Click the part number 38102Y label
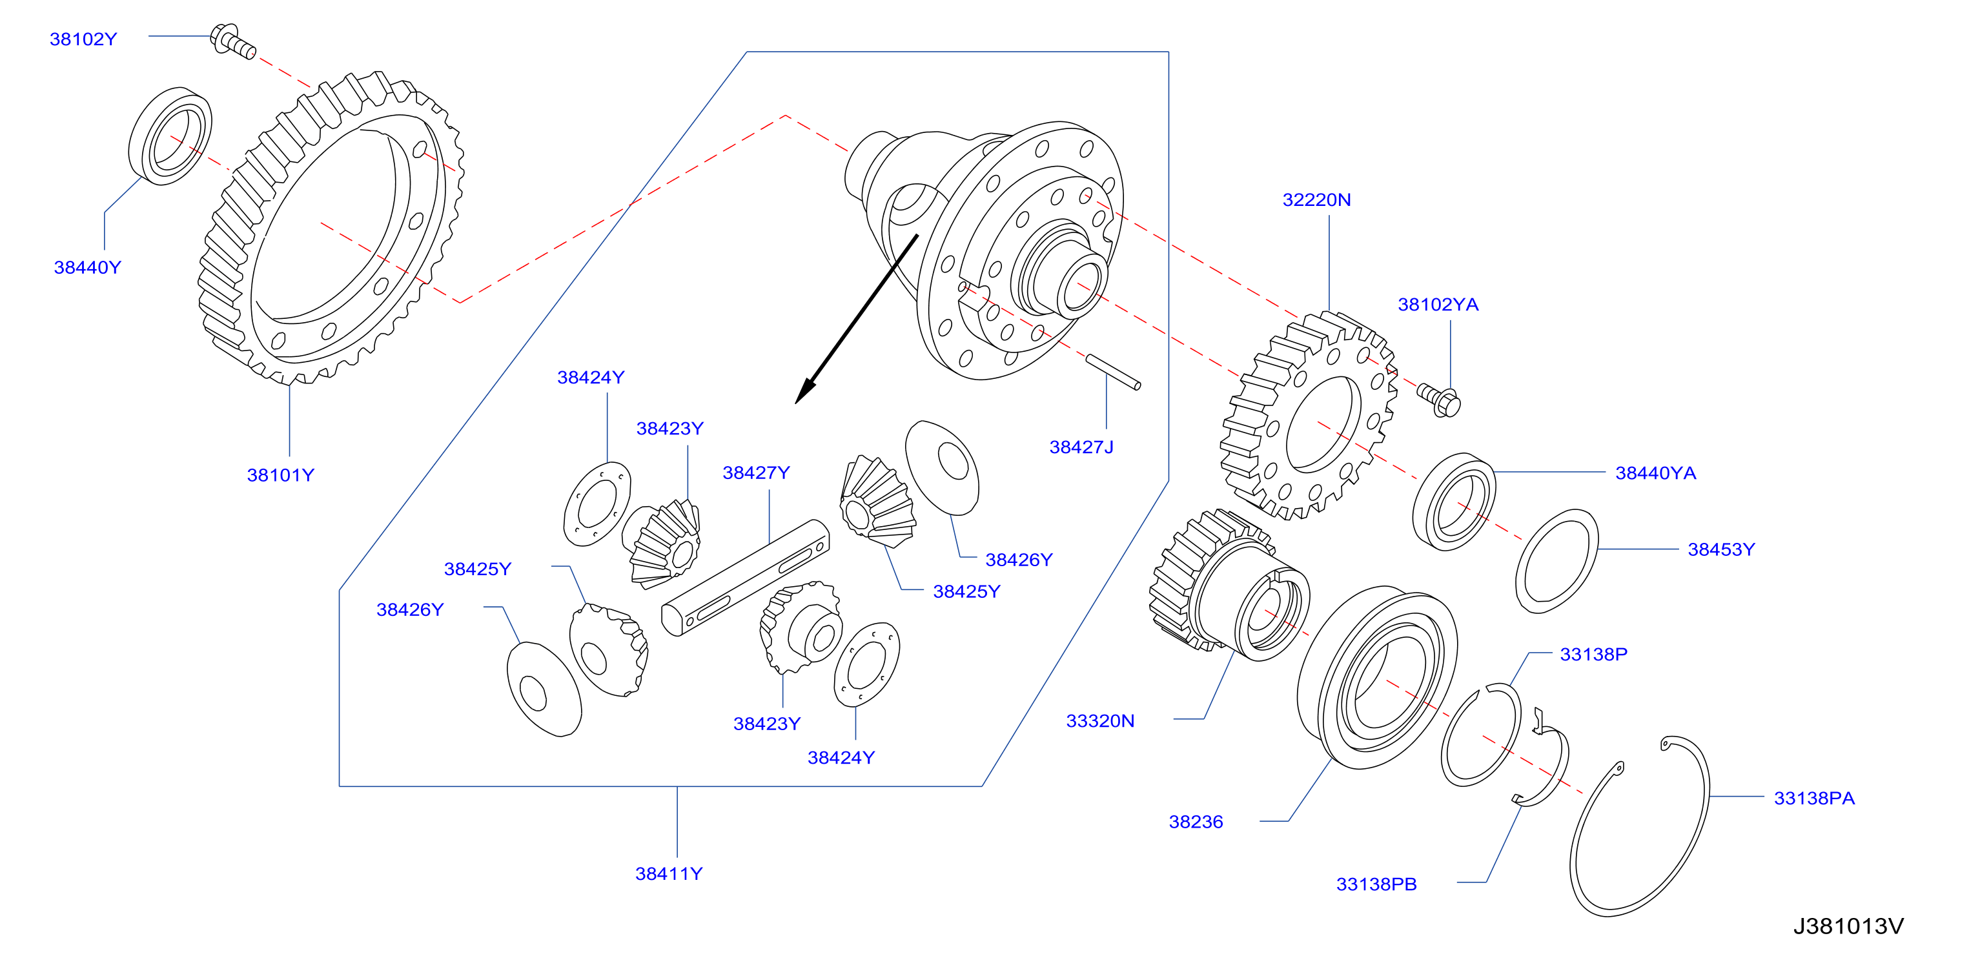[x=83, y=39]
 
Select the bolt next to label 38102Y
[x=233, y=41]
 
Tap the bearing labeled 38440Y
[x=170, y=136]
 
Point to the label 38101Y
[x=281, y=475]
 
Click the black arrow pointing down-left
[x=856, y=319]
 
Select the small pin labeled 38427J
[x=1113, y=372]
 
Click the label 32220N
[x=1317, y=200]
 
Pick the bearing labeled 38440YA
[x=1454, y=502]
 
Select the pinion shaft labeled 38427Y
[x=745, y=577]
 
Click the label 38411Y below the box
[x=669, y=874]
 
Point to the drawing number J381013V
[x=1848, y=926]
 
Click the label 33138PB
[x=1376, y=885]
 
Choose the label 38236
[x=1196, y=822]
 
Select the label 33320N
[x=1100, y=721]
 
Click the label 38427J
[x=1081, y=447]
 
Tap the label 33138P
[x=1593, y=655]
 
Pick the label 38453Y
[x=1721, y=550]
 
